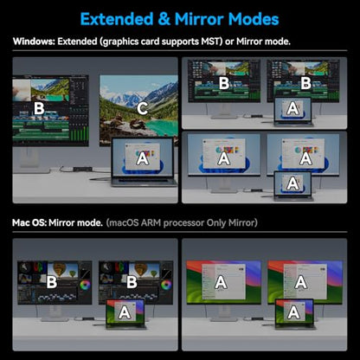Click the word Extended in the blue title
click(117, 19)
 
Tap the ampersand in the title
click(164, 19)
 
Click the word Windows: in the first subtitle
click(34, 42)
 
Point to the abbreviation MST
click(212, 42)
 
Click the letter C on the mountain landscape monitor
click(142, 109)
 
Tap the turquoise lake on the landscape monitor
click(163, 127)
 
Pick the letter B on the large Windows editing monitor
click(39, 109)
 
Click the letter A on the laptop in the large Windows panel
click(142, 158)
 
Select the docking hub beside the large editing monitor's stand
click(82, 170)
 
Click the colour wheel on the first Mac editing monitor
click(86, 286)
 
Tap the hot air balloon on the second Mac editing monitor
click(141, 269)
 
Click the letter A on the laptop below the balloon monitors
click(125, 312)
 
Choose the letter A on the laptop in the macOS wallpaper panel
click(293, 312)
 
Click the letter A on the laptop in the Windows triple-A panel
click(292, 184)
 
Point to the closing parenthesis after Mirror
click(255, 222)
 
